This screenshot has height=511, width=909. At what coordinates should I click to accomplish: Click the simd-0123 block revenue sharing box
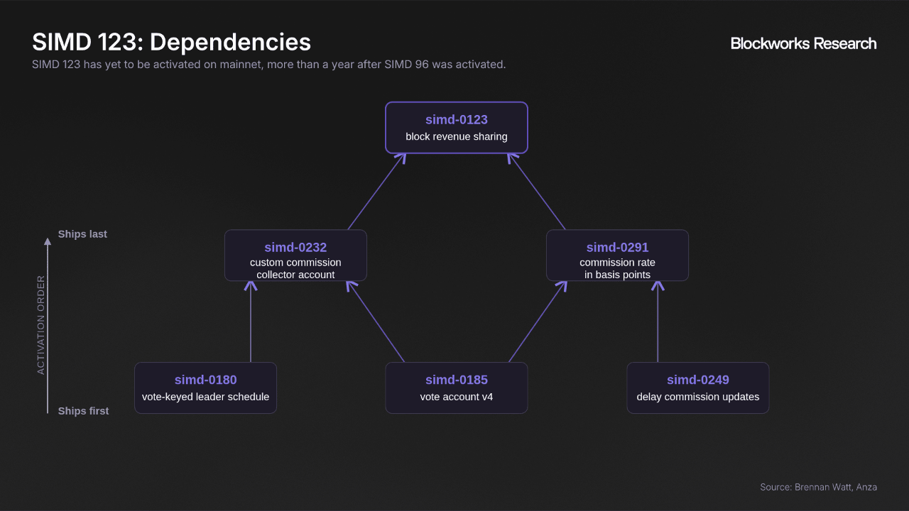pos(457,128)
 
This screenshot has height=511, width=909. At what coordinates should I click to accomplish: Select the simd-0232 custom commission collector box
pos(295,255)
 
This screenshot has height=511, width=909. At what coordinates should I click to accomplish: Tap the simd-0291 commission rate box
pos(617,255)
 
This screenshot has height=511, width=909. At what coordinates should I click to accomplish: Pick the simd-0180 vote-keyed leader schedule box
pos(205,388)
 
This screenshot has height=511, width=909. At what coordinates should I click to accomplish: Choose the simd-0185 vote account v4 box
pos(457,388)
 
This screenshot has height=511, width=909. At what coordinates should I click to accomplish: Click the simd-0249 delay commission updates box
pos(698,388)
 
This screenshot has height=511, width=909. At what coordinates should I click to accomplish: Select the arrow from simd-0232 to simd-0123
pos(377,192)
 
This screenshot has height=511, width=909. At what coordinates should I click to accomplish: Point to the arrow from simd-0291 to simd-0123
pos(536,192)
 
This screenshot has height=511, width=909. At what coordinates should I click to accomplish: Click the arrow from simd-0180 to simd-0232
pos(251,322)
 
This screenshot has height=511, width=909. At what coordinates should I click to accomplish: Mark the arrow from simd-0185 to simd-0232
pos(376,322)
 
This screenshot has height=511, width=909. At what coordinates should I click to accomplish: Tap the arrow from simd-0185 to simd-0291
pos(538,322)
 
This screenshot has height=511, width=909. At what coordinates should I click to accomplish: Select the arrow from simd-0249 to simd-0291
pos(658,322)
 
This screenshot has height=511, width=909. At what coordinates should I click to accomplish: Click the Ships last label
pos(82,234)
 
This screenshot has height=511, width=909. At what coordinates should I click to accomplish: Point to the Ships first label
pos(83,411)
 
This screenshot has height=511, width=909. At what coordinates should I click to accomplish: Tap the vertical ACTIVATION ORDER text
pos(40,325)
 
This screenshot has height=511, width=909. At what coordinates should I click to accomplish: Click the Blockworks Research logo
pos(803,43)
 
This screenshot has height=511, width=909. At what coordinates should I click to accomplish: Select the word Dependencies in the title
pos(230,42)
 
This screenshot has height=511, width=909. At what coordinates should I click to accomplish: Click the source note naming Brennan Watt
pos(819,487)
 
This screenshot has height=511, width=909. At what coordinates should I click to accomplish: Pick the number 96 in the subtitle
pos(422,65)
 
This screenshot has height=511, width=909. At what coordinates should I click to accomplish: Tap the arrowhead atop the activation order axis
pos(48,242)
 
